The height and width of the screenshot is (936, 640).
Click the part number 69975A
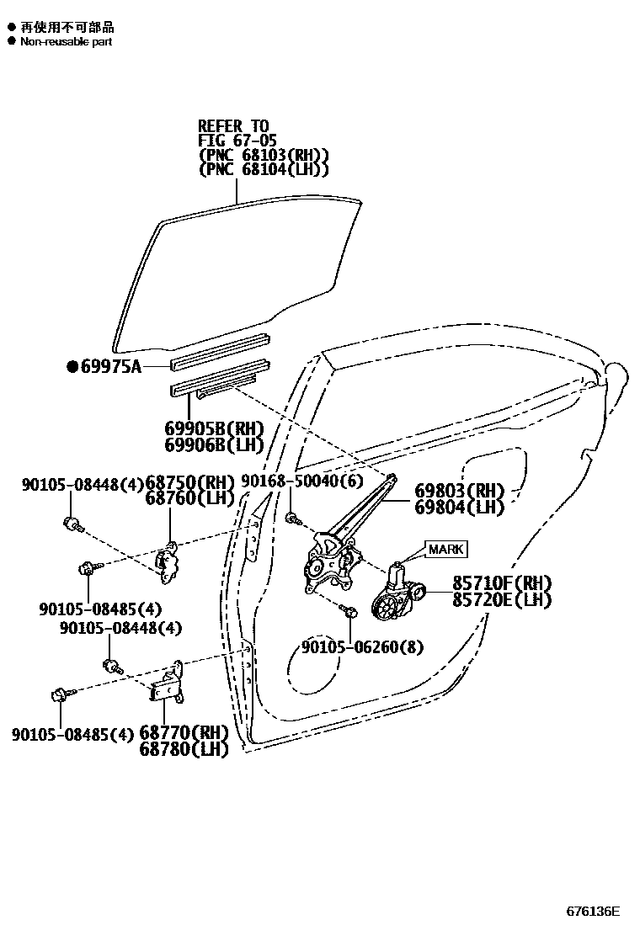[x=111, y=366]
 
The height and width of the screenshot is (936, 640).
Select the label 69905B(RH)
[x=214, y=429]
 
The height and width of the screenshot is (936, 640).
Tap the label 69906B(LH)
[x=214, y=444]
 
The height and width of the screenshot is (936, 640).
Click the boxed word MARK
[x=445, y=550]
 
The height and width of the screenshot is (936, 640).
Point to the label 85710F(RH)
[x=501, y=583]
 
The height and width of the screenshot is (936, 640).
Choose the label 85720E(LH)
[x=501, y=599]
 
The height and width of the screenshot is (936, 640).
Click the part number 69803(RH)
[x=459, y=491]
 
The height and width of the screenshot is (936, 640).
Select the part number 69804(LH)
[x=459, y=507]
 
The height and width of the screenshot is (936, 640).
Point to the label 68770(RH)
[x=184, y=732]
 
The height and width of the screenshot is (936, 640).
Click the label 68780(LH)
[x=184, y=748]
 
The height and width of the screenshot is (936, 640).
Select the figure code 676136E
[x=592, y=912]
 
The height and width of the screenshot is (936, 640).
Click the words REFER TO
[x=233, y=126]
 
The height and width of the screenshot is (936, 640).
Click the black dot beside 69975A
[x=72, y=366]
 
